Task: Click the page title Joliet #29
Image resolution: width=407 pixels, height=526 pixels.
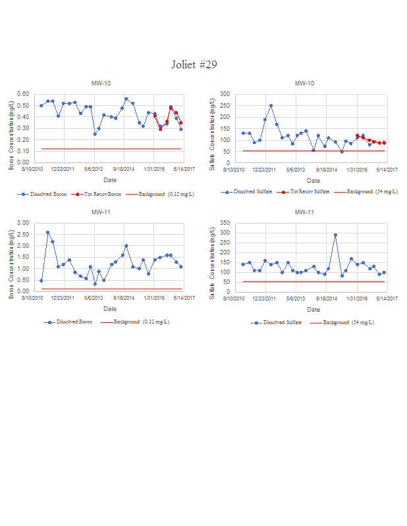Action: [194, 64]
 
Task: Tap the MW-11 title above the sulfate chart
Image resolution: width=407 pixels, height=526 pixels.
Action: [304, 212]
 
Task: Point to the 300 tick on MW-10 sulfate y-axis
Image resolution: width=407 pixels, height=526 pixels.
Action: [225, 94]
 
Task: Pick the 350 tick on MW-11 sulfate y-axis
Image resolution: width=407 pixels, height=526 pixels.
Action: [225, 223]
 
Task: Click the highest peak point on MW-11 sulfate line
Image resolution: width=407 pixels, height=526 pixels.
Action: [335, 235]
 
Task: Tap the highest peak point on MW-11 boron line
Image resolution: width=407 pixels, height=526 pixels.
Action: [47, 232]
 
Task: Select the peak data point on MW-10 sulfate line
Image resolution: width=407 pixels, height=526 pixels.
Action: [271, 105]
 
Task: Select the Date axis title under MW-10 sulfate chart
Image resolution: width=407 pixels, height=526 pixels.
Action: [313, 180]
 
